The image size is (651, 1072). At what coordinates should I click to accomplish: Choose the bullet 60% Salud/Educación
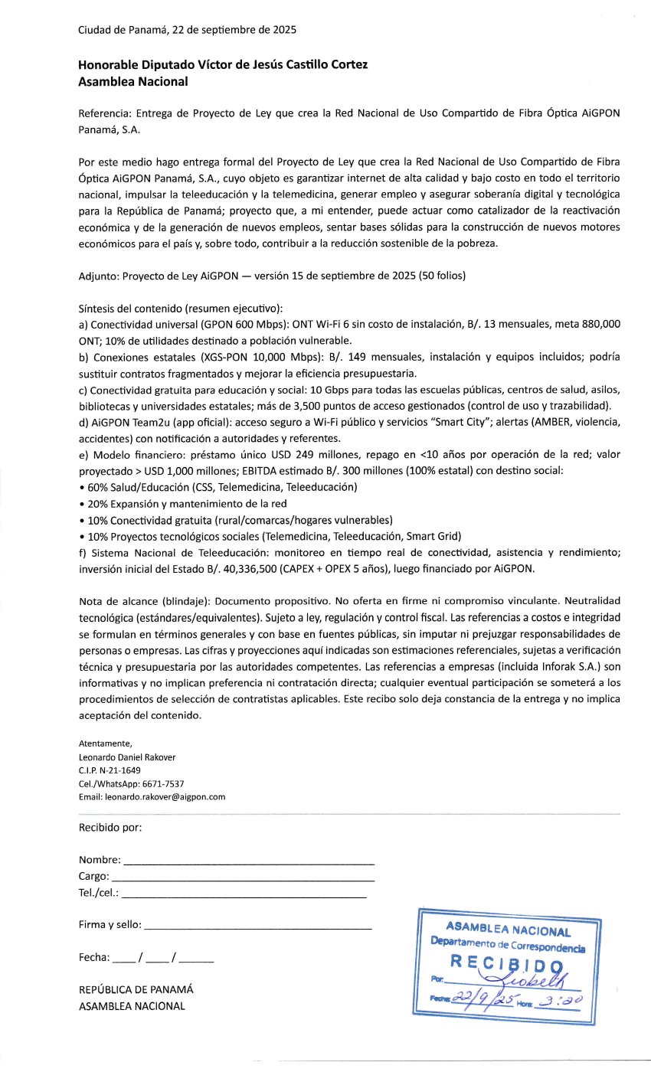point(146,487)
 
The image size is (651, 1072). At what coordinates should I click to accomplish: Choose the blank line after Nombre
point(249,863)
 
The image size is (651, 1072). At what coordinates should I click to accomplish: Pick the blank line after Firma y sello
point(258,929)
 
